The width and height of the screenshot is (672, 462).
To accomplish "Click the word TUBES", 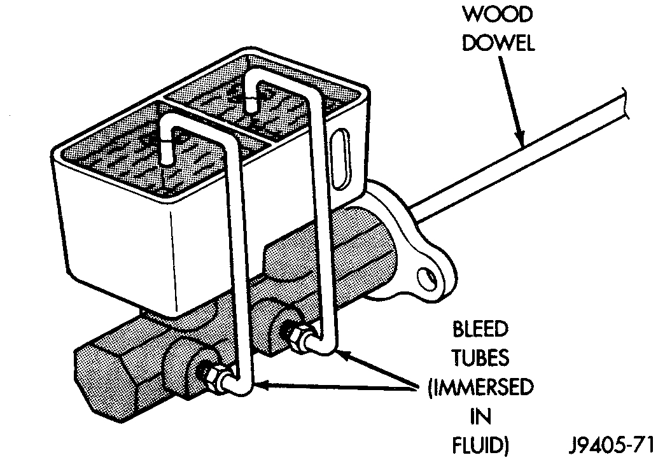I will [480, 358].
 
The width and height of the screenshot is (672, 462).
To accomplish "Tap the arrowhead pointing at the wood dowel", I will [521, 138].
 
